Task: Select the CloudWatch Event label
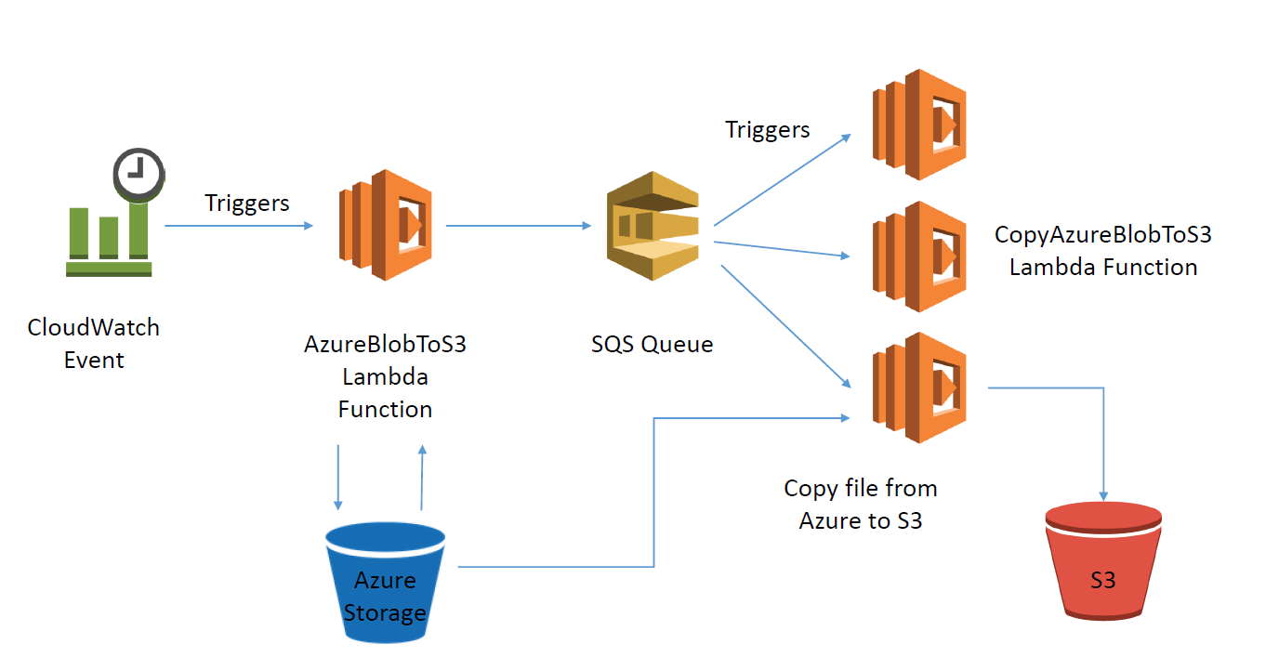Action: click(94, 343)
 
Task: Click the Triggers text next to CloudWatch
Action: click(246, 203)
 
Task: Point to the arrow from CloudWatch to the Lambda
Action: click(239, 226)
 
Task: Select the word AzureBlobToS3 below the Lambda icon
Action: click(385, 345)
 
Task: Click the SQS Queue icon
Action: click(652, 226)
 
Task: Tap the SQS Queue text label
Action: click(652, 344)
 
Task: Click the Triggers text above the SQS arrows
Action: click(767, 129)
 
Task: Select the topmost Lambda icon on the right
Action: click(918, 124)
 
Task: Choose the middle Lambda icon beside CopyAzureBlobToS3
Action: click(918, 256)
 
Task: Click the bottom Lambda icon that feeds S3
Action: click(918, 388)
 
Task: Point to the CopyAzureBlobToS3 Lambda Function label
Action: click(1102, 251)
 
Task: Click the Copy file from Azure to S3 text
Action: click(861, 504)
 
